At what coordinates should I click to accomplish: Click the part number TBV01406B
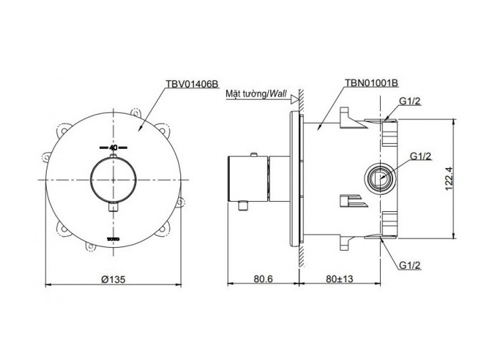tap(192, 84)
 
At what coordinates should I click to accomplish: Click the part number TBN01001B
tap(372, 83)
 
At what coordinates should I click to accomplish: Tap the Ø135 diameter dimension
tap(114, 279)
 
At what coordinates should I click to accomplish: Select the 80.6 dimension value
tap(263, 279)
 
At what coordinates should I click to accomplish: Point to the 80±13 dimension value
tap(339, 279)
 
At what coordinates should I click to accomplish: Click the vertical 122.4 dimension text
tap(449, 178)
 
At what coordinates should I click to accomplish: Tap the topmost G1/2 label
tap(410, 101)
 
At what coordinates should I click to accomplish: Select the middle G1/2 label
tap(421, 156)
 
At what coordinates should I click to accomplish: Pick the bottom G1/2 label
tap(410, 265)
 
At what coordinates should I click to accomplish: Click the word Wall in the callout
tap(278, 93)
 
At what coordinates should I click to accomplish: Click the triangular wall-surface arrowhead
tap(294, 99)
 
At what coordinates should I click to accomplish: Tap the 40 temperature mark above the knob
tap(113, 148)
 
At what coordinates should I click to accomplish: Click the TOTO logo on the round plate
tap(114, 239)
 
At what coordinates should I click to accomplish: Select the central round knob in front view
tap(114, 180)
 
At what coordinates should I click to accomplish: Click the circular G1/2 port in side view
tap(380, 177)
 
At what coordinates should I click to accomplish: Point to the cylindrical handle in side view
tap(248, 179)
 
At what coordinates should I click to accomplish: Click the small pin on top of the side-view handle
tap(254, 155)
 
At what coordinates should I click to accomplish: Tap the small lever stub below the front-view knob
tap(113, 208)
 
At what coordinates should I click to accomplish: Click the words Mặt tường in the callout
tap(246, 94)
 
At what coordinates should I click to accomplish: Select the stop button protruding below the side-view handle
tap(244, 206)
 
